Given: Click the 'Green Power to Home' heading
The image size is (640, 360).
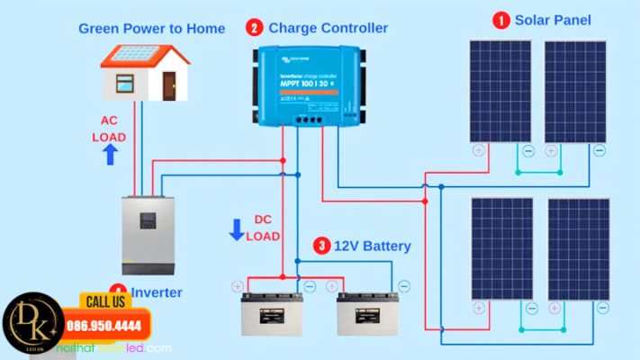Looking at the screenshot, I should (x=151, y=29).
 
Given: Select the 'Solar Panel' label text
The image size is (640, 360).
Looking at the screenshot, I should (x=553, y=20).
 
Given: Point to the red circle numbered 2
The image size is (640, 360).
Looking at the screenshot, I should (x=255, y=29).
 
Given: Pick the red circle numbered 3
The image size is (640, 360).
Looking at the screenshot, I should (x=321, y=246).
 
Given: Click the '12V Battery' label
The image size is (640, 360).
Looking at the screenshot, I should (x=373, y=246).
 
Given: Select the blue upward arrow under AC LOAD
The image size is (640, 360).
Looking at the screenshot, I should (x=110, y=156).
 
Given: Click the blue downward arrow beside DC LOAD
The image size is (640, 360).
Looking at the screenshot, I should (x=237, y=229).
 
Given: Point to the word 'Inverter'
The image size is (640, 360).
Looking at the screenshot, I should (x=157, y=292).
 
